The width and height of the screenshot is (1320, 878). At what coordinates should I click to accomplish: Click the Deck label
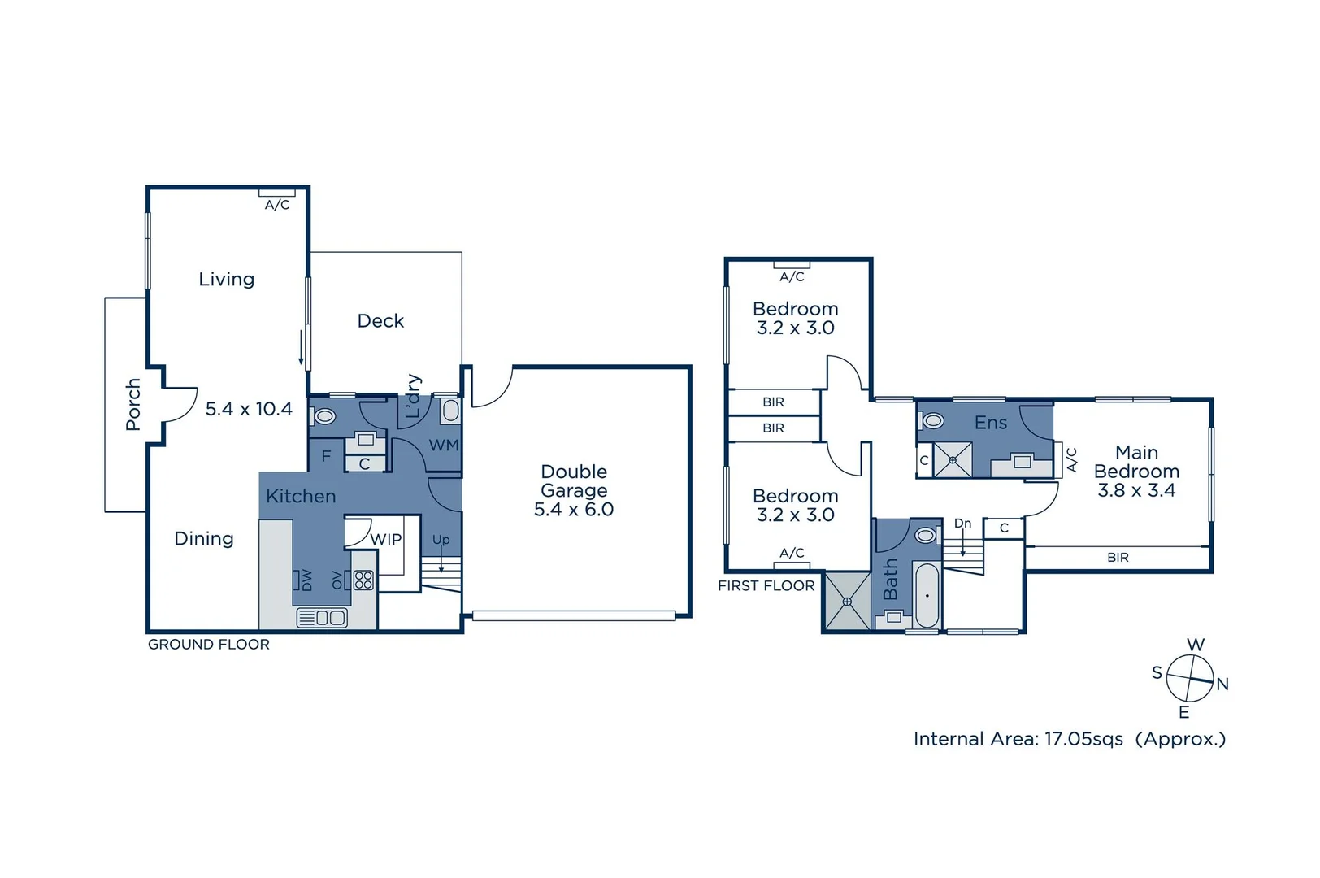[380, 321]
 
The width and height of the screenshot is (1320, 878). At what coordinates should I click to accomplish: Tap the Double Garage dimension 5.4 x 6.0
[573, 510]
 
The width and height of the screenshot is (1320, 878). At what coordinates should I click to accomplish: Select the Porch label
[133, 404]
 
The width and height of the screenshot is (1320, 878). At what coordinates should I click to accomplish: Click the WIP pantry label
[385, 540]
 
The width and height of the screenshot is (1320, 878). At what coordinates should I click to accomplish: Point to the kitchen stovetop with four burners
[363, 580]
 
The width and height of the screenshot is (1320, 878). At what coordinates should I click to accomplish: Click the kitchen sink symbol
[323, 618]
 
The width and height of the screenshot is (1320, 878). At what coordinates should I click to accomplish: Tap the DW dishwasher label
[306, 580]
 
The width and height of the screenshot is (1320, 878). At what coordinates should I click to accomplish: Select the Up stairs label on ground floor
[441, 540]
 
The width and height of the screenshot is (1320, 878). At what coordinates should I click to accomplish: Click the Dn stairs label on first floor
[962, 524]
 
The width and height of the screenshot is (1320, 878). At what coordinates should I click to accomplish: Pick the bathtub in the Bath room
[927, 595]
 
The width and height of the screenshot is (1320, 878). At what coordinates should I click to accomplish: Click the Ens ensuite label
[990, 423]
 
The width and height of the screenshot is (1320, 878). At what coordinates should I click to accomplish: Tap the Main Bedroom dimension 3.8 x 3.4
[1135, 490]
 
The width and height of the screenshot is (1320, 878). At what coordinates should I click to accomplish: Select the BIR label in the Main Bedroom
[1118, 558]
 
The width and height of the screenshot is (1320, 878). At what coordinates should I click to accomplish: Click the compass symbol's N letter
[1222, 685]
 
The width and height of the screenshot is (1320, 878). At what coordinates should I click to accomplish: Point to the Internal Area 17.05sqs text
[1018, 739]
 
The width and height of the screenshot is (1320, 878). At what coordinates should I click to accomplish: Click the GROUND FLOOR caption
[208, 645]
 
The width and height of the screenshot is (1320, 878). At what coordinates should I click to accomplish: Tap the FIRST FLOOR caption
[766, 586]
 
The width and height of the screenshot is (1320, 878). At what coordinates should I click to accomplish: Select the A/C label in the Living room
[277, 205]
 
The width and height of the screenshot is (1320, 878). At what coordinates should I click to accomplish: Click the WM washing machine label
[444, 446]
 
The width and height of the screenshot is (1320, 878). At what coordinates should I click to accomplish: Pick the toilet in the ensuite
[933, 420]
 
